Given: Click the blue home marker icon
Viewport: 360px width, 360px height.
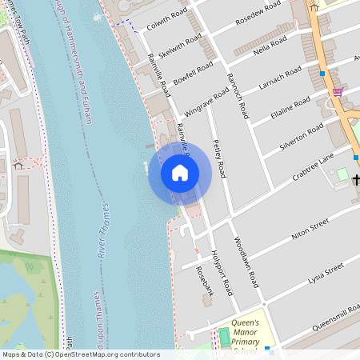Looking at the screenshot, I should point(180,172).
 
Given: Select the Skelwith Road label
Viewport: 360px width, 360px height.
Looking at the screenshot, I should point(180,46).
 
